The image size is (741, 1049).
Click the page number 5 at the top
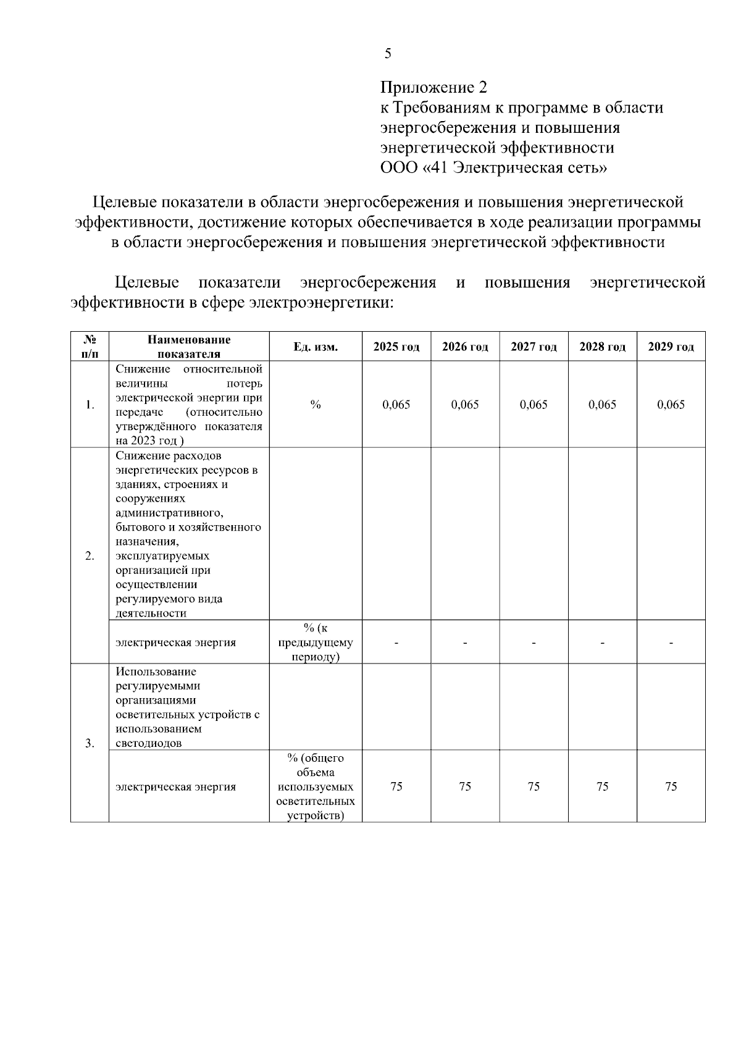(x=388, y=54)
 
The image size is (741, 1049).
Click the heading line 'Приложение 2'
(x=433, y=87)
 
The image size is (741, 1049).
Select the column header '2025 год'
(x=396, y=347)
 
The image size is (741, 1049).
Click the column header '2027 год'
(x=534, y=347)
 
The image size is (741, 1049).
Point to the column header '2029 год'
(x=671, y=347)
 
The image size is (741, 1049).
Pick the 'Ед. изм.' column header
(x=316, y=347)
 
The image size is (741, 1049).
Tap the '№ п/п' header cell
(x=90, y=347)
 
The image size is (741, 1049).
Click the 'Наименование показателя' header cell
(x=189, y=347)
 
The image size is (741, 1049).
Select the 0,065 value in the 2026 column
(x=465, y=405)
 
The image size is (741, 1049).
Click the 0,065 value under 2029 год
(x=671, y=405)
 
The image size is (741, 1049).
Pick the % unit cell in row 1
(x=316, y=405)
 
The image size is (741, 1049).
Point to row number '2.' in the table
(x=90, y=556)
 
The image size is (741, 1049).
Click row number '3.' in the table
(x=90, y=743)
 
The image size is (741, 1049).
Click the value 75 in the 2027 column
(x=534, y=786)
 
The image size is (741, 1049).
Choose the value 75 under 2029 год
(x=671, y=786)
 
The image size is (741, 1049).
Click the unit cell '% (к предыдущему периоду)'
(x=316, y=642)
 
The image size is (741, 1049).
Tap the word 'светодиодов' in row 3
(x=148, y=743)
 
